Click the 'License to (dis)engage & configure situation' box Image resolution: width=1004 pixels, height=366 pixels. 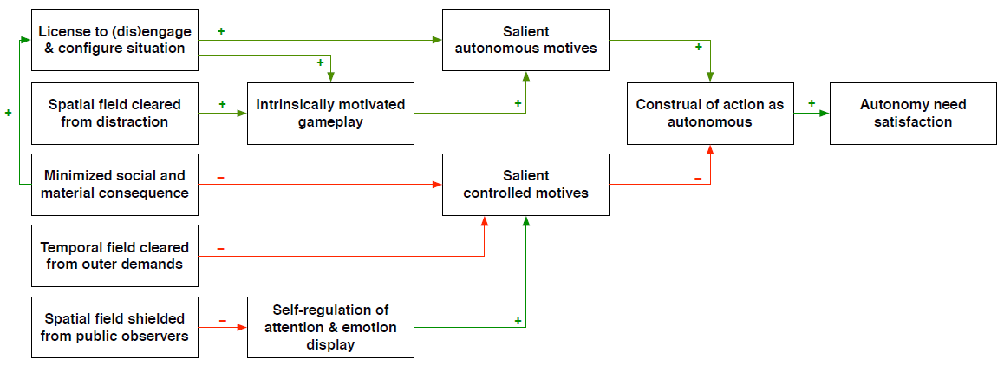click(114, 40)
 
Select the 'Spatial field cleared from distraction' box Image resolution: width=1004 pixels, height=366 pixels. click(114, 113)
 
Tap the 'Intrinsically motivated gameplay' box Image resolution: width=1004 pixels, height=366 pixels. click(330, 113)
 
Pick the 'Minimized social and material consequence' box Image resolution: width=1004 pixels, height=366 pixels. click(114, 185)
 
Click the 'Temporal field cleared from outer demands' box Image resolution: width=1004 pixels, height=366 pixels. click(114, 256)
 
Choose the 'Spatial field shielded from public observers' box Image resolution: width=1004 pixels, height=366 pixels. click(114, 327)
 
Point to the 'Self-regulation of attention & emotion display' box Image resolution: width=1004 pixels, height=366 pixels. click(330, 327)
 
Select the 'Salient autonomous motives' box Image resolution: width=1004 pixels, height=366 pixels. click(525, 40)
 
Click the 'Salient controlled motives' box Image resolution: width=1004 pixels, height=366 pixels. click(525, 185)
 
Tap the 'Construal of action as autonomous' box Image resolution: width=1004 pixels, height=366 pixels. click(709, 113)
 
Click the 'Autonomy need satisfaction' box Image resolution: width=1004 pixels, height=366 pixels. click(913, 113)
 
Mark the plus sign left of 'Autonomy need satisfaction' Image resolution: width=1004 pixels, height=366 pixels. click(812, 103)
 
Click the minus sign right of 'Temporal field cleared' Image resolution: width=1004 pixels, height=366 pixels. click(220, 249)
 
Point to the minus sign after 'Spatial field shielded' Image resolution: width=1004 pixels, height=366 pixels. click(222, 321)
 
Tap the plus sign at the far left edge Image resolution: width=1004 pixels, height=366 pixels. click(9, 113)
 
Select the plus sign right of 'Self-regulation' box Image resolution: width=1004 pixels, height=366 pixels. click(518, 321)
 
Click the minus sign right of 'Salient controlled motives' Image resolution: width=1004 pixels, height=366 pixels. click(698, 178)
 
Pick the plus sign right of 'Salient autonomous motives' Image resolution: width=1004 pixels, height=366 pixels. click(699, 47)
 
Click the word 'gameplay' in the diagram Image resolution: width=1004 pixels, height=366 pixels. click(330, 122)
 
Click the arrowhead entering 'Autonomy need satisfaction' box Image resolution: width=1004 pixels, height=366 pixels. click(825, 113)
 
